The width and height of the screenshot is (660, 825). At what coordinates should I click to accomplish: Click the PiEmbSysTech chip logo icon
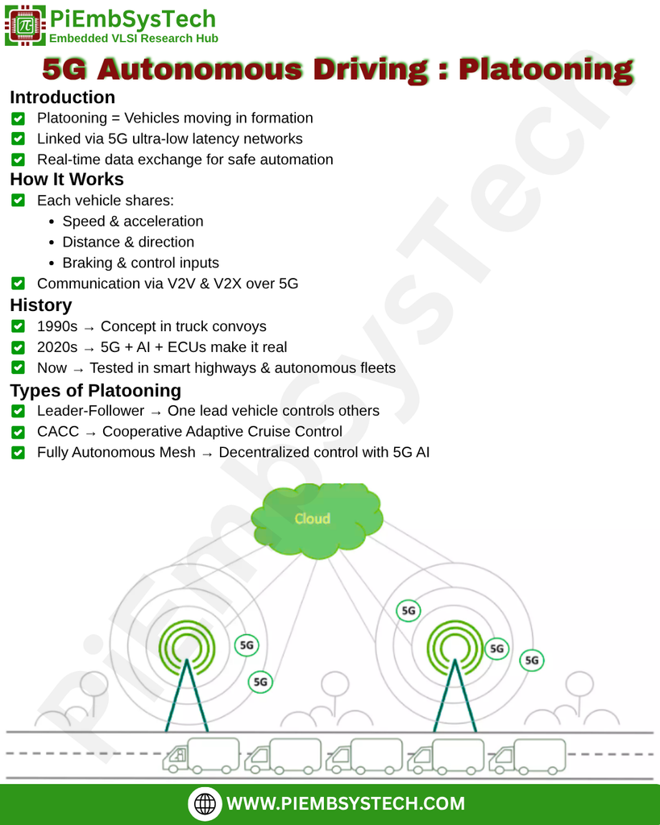click(25, 26)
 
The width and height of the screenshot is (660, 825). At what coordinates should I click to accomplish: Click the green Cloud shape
click(315, 519)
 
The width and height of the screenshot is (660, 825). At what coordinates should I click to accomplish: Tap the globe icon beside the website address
click(205, 803)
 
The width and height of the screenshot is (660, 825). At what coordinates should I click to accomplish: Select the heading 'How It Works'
click(67, 179)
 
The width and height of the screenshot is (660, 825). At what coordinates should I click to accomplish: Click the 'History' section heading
click(41, 305)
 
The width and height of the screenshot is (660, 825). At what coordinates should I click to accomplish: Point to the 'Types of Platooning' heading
click(95, 391)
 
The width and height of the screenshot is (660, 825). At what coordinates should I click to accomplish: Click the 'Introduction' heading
click(62, 97)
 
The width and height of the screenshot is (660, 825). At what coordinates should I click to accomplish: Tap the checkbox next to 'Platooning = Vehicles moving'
click(19, 118)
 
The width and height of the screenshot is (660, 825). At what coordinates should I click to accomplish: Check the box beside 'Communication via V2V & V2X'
click(19, 284)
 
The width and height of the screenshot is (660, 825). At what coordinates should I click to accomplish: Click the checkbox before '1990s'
click(19, 326)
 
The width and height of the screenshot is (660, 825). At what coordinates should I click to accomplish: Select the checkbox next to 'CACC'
click(19, 432)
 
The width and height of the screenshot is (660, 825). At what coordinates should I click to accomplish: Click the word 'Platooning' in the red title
click(546, 70)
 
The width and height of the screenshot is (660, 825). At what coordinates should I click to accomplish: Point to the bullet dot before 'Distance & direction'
click(51, 243)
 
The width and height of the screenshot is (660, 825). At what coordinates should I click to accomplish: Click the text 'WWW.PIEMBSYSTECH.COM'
click(346, 803)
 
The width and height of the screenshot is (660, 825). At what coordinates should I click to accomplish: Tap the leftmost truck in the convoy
click(201, 755)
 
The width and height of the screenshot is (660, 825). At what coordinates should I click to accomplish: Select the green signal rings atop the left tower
click(186, 645)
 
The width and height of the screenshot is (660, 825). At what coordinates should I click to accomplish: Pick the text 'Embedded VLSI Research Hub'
click(133, 38)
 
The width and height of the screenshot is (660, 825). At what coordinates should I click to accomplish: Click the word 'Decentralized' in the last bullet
click(263, 453)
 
